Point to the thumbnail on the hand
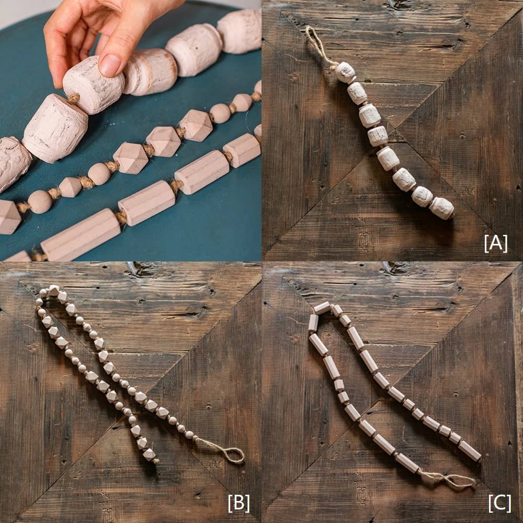pos(110,65)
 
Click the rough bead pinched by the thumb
pos(93,85)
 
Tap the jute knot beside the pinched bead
pos(74,98)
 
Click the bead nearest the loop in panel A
pos(345,73)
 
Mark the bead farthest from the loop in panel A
pos(442,208)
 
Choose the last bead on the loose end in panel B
pos(150,454)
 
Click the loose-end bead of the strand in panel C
pos(470,451)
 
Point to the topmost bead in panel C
pos(322,308)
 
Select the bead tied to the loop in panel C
pos(408,463)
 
